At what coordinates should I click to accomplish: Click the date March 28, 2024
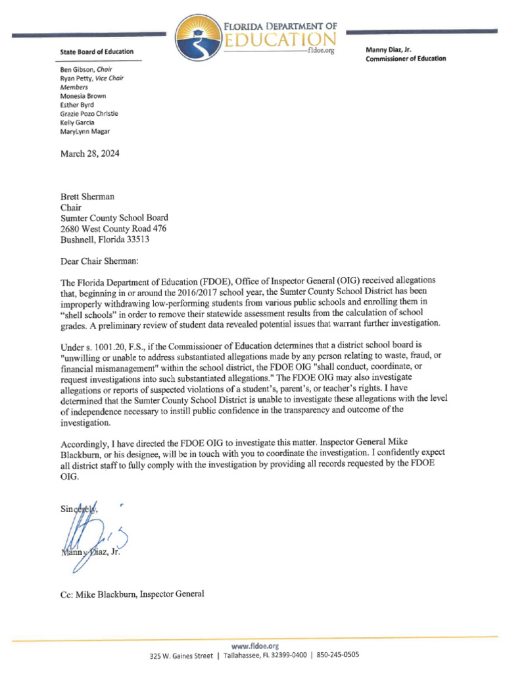coord(89,154)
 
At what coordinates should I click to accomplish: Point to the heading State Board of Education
coord(97,51)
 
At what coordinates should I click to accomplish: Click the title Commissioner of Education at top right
coord(405,59)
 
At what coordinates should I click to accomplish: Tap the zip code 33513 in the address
coord(137,240)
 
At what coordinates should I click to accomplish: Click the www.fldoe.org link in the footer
coord(252,646)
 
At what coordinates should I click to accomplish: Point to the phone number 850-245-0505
coord(338,655)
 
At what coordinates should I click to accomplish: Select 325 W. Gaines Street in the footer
coord(181,656)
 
